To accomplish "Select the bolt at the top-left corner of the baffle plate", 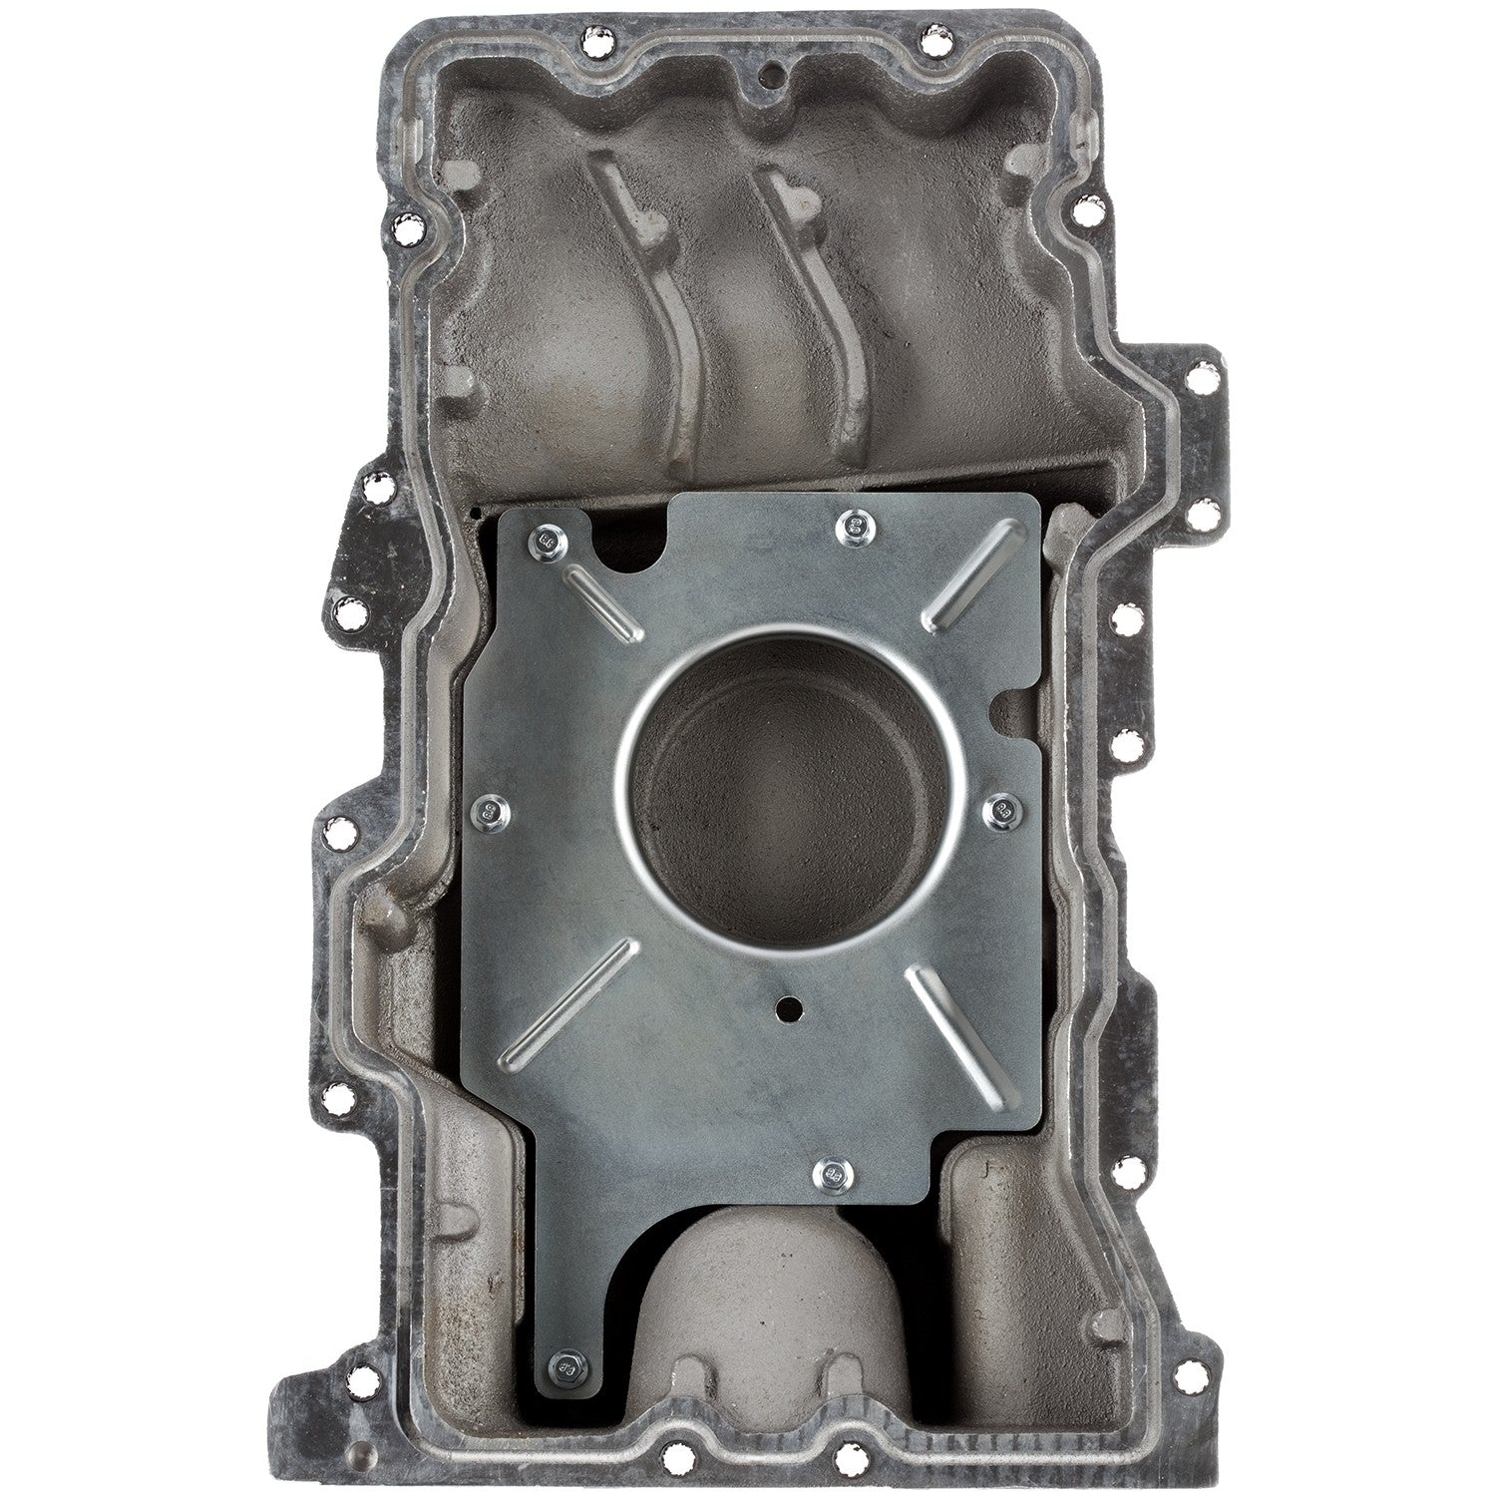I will (x=548, y=543).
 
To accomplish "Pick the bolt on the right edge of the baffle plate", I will (x=999, y=811).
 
